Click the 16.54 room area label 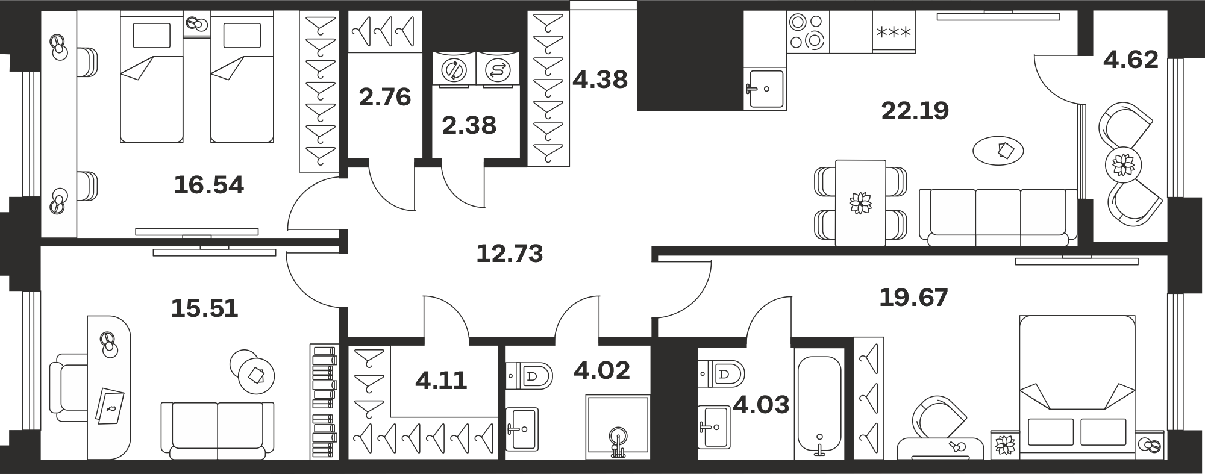[208, 185]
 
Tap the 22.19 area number [915, 111]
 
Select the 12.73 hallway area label [510, 254]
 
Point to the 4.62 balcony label [1131, 60]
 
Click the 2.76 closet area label [385, 97]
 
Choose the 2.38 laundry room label [469, 125]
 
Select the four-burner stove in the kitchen [807, 32]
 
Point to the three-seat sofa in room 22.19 [998, 217]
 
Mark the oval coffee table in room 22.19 [998, 150]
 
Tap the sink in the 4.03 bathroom [714, 426]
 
